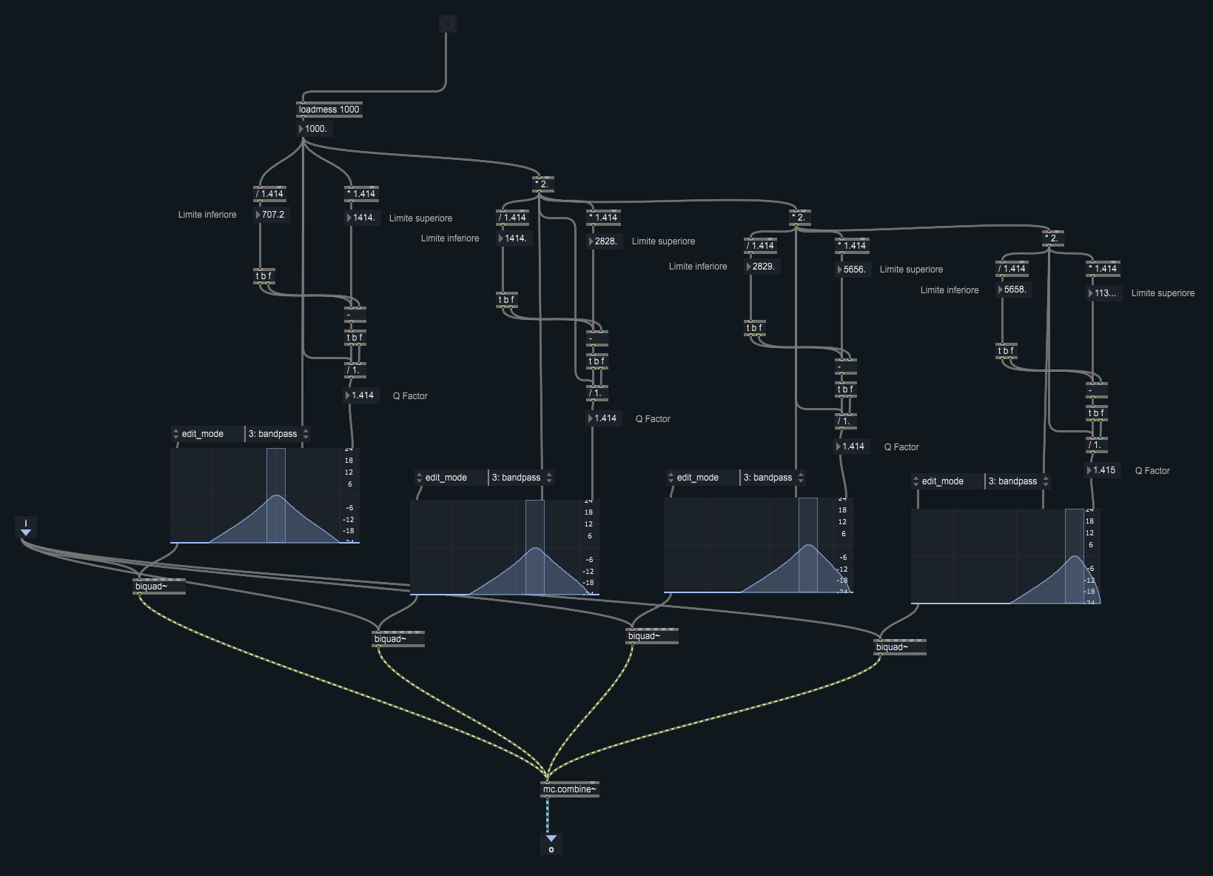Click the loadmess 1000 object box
329,110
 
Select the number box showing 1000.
315,129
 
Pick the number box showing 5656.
853,270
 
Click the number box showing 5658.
1014,290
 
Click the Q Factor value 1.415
1103,470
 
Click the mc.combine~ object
569,789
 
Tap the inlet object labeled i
26,527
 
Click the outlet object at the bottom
551,844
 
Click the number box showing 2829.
762,267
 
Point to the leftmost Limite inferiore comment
207,215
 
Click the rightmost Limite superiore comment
1163,293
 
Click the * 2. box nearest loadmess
543,184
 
